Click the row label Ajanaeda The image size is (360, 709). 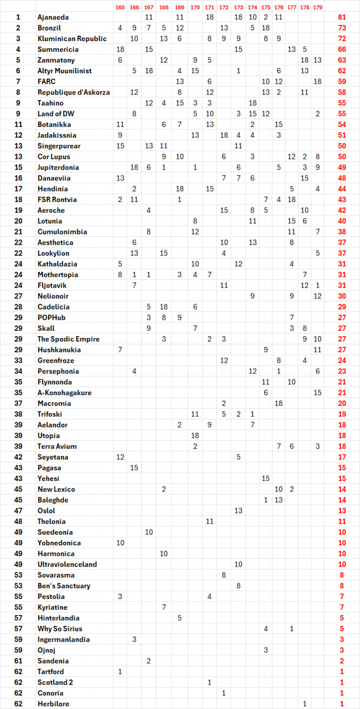point(53,18)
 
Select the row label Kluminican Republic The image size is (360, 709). point(72,39)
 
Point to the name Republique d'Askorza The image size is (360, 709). point(74,92)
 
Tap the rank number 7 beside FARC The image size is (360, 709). point(18,82)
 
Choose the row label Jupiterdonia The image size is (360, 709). point(59,168)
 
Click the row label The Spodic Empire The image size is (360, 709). point(69,339)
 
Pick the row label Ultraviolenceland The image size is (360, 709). point(67,564)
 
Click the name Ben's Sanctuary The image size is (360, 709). point(64,586)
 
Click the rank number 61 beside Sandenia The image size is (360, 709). point(18,661)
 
